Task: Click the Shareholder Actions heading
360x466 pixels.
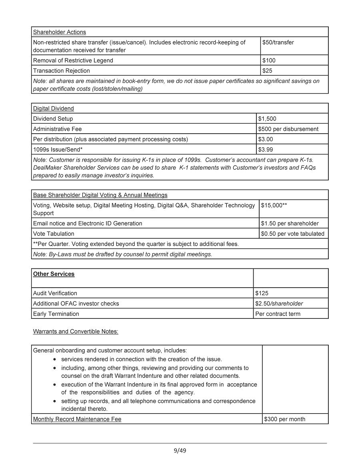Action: (59, 32)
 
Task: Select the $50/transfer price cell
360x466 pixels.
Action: (278, 42)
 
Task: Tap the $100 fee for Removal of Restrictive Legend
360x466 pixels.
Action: (269, 60)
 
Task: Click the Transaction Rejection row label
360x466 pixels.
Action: (62, 71)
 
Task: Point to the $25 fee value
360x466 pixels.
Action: (267, 71)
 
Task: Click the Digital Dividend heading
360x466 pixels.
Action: (53, 108)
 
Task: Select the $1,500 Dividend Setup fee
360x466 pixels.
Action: (267, 119)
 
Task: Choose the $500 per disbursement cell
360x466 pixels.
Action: (288, 129)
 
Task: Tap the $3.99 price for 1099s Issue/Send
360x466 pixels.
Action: (266, 150)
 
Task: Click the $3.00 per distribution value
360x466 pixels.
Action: (266, 139)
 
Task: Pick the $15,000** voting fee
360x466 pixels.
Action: (274, 205)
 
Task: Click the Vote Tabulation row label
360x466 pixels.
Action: (54, 234)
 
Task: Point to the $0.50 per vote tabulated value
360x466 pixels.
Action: (292, 234)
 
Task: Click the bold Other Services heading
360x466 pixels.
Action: (54, 274)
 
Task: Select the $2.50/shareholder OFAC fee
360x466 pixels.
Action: (279, 304)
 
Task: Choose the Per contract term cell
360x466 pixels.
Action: (278, 314)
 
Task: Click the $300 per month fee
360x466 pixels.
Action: (284, 419)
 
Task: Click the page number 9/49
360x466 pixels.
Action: (180, 451)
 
